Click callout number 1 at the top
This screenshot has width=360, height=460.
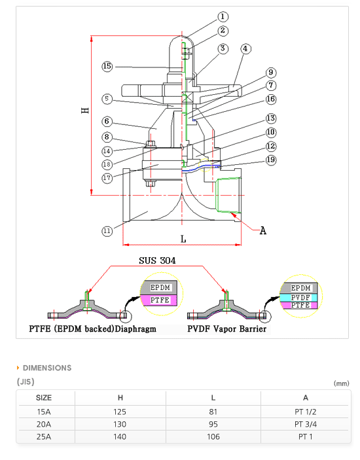coord(223,17)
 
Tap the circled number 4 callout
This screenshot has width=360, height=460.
coord(245,48)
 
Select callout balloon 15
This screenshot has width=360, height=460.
coord(107,66)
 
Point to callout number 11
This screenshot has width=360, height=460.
coord(107,231)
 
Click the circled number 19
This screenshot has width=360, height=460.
coord(271,160)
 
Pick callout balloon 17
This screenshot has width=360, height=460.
coord(107,178)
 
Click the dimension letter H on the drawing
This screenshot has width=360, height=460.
coord(85,111)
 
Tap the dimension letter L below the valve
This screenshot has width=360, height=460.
coord(183,239)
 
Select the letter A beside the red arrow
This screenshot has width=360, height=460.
coord(263,231)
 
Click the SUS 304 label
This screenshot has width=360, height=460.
coord(157,260)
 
